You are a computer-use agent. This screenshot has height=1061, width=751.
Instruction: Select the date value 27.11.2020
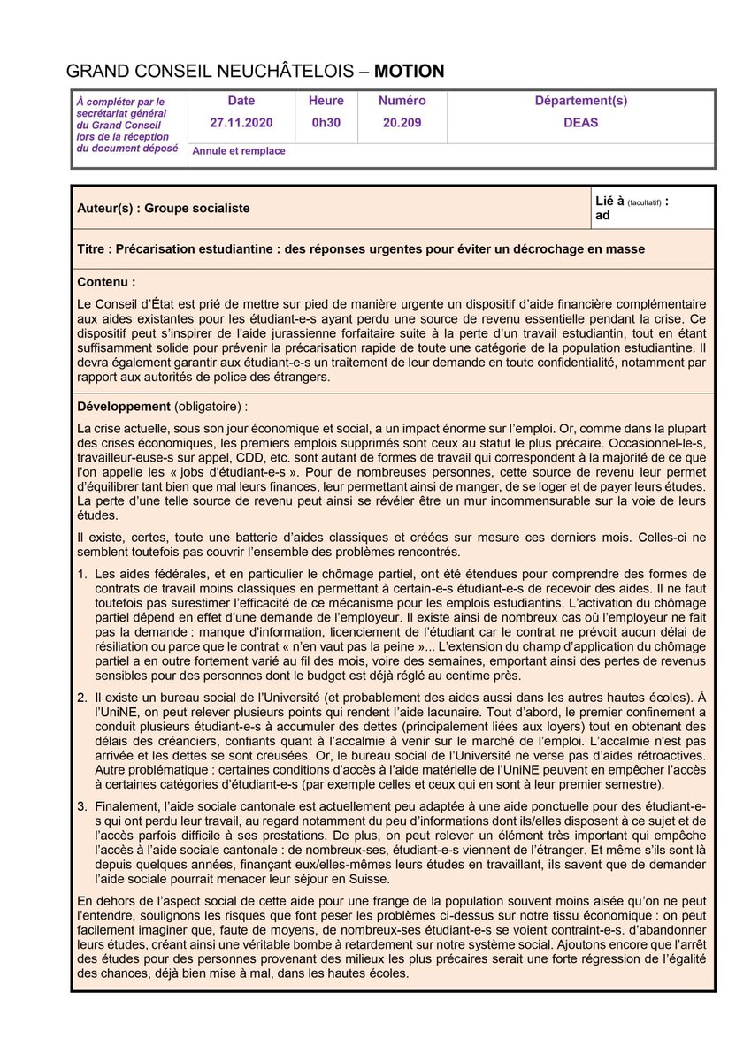tap(241, 123)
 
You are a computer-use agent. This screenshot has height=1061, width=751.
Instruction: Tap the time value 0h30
tap(326, 123)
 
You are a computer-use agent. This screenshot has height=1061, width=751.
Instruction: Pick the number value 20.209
tap(402, 123)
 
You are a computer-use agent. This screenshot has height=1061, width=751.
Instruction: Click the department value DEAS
tap(580, 123)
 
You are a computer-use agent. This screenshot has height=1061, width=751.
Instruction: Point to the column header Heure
tap(326, 101)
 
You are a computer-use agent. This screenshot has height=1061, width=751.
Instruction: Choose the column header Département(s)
tap(580, 101)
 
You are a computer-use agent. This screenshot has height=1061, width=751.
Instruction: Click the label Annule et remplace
tap(239, 151)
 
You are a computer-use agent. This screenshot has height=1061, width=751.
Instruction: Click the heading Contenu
tap(106, 283)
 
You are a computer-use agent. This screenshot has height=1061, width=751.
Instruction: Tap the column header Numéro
tap(402, 101)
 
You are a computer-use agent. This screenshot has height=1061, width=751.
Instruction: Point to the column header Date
tap(241, 101)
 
